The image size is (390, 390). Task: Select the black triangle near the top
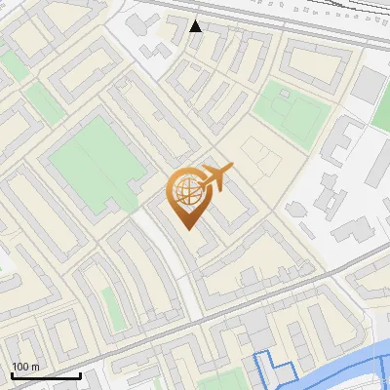pos(196,25)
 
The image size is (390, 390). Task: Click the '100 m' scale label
pos(25,367)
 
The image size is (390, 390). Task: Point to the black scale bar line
pos(46,375)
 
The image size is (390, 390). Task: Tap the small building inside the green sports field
pos(286,95)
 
